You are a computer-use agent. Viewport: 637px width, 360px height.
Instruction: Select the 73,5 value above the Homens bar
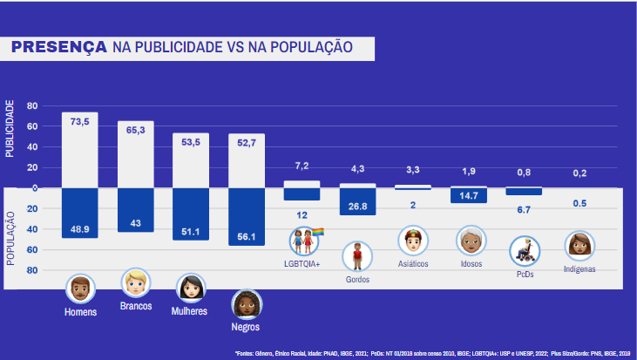click(79, 122)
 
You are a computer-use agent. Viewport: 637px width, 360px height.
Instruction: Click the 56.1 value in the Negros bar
click(246, 234)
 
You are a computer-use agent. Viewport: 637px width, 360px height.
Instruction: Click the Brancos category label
click(136, 306)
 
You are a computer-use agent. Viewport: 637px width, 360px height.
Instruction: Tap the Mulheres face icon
click(190, 288)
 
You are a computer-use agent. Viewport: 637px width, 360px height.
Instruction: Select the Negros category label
click(246, 329)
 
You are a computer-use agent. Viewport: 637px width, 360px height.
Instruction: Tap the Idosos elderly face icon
click(471, 240)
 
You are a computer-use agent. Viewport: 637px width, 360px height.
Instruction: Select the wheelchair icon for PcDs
click(525, 253)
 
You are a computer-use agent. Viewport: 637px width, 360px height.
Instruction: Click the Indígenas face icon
click(579, 246)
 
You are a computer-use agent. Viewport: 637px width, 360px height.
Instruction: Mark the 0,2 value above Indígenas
click(579, 173)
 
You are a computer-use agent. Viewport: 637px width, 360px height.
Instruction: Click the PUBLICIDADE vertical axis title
click(10, 128)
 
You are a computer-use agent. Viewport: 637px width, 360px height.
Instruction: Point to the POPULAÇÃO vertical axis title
click(10, 237)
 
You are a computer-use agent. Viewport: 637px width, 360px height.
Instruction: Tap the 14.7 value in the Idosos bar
click(468, 196)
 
